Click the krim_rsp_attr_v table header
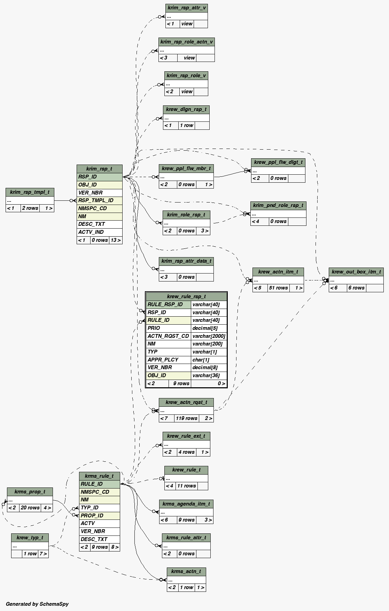[x=187, y=8]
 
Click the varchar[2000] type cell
[x=209, y=336]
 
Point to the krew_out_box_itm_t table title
[x=356, y=272]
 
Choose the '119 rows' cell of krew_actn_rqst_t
[x=186, y=418]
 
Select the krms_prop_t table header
[x=30, y=492]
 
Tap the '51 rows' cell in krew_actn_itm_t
[x=278, y=288]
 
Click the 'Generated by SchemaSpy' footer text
[x=37, y=604]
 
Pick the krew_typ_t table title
[x=30, y=538]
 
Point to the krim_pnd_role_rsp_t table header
[x=278, y=205]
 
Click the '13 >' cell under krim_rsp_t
[x=116, y=240]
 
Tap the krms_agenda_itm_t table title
[x=186, y=504]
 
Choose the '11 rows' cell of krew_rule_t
[x=186, y=486]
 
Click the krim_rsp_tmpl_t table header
[x=30, y=192]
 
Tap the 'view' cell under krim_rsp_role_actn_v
[x=189, y=58]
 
